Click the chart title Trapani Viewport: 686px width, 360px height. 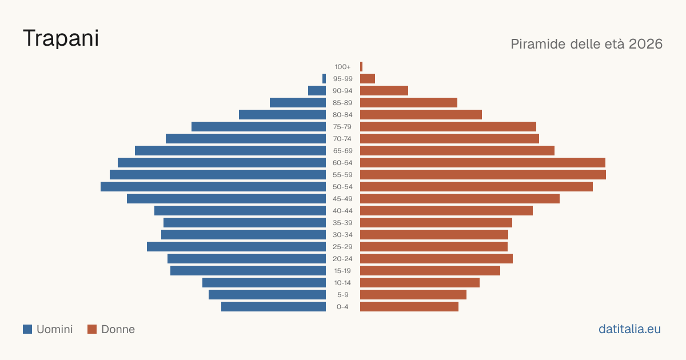point(61,39)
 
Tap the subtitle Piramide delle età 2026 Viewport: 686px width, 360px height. point(587,44)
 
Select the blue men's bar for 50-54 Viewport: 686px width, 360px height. point(213,187)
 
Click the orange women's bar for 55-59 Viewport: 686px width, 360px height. point(483,175)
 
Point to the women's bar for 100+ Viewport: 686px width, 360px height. point(361,67)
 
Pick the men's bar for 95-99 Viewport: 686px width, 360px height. point(324,79)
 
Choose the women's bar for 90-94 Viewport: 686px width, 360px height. point(384,91)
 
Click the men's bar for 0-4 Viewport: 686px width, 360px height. point(273,307)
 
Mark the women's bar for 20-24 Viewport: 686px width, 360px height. point(436,259)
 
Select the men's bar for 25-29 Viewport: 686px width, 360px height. point(237,247)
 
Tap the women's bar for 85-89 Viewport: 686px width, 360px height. point(409,102)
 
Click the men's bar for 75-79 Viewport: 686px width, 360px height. point(259,127)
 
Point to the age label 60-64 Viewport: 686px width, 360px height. point(342,163)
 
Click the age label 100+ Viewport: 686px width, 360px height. point(342,67)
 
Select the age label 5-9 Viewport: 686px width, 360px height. point(342,295)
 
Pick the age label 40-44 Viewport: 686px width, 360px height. point(342,211)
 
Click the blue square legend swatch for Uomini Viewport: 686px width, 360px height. point(27,329)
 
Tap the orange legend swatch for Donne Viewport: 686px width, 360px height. point(92,329)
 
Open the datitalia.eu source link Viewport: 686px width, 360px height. point(629,329)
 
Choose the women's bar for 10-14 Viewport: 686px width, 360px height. point(420,282)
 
